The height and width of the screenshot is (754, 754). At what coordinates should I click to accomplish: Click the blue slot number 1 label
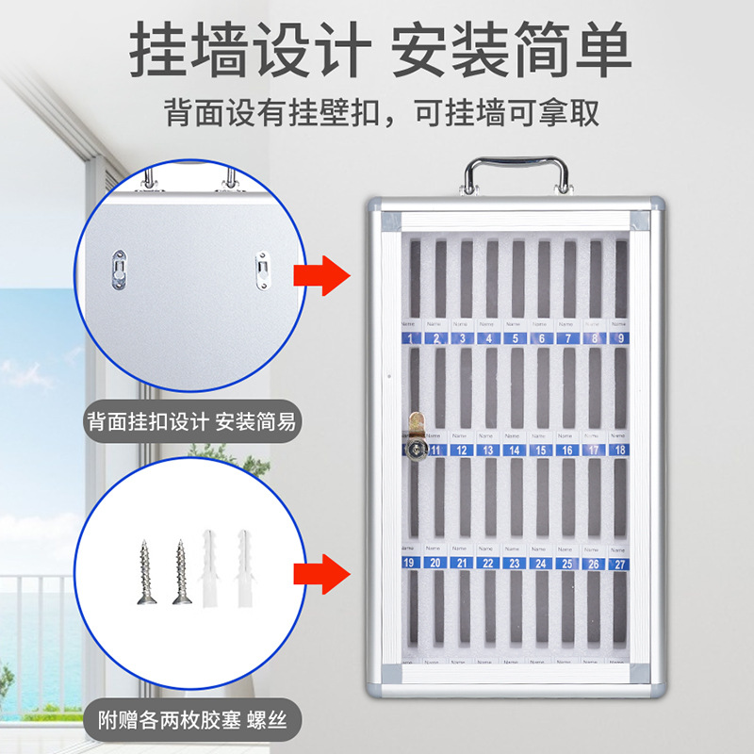pyautogui.click(x=409, y=337)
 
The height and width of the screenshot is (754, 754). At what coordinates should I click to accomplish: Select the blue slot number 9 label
pyautogui.click(x=619, y=337)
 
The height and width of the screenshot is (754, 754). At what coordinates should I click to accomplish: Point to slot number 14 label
pyautogui.click(x=514, y=451)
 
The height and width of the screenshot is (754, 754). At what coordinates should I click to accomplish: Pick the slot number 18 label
pyautogui.click(x=619, y=451)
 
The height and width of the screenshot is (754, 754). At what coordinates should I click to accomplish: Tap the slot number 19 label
pyautogui.click(x=409, y=563)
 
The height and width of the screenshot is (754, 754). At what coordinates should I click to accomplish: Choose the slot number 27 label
pyautogui.click(x=619, y=564)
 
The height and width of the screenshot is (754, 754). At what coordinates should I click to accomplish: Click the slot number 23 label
pyautogui.click(x=514, y=563)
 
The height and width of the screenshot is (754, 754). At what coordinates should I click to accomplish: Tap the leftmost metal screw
pyautogui.click(x=148, y=571)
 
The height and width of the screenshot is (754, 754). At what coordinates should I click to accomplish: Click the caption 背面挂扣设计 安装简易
pyautogui.click(x=189, y=421)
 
